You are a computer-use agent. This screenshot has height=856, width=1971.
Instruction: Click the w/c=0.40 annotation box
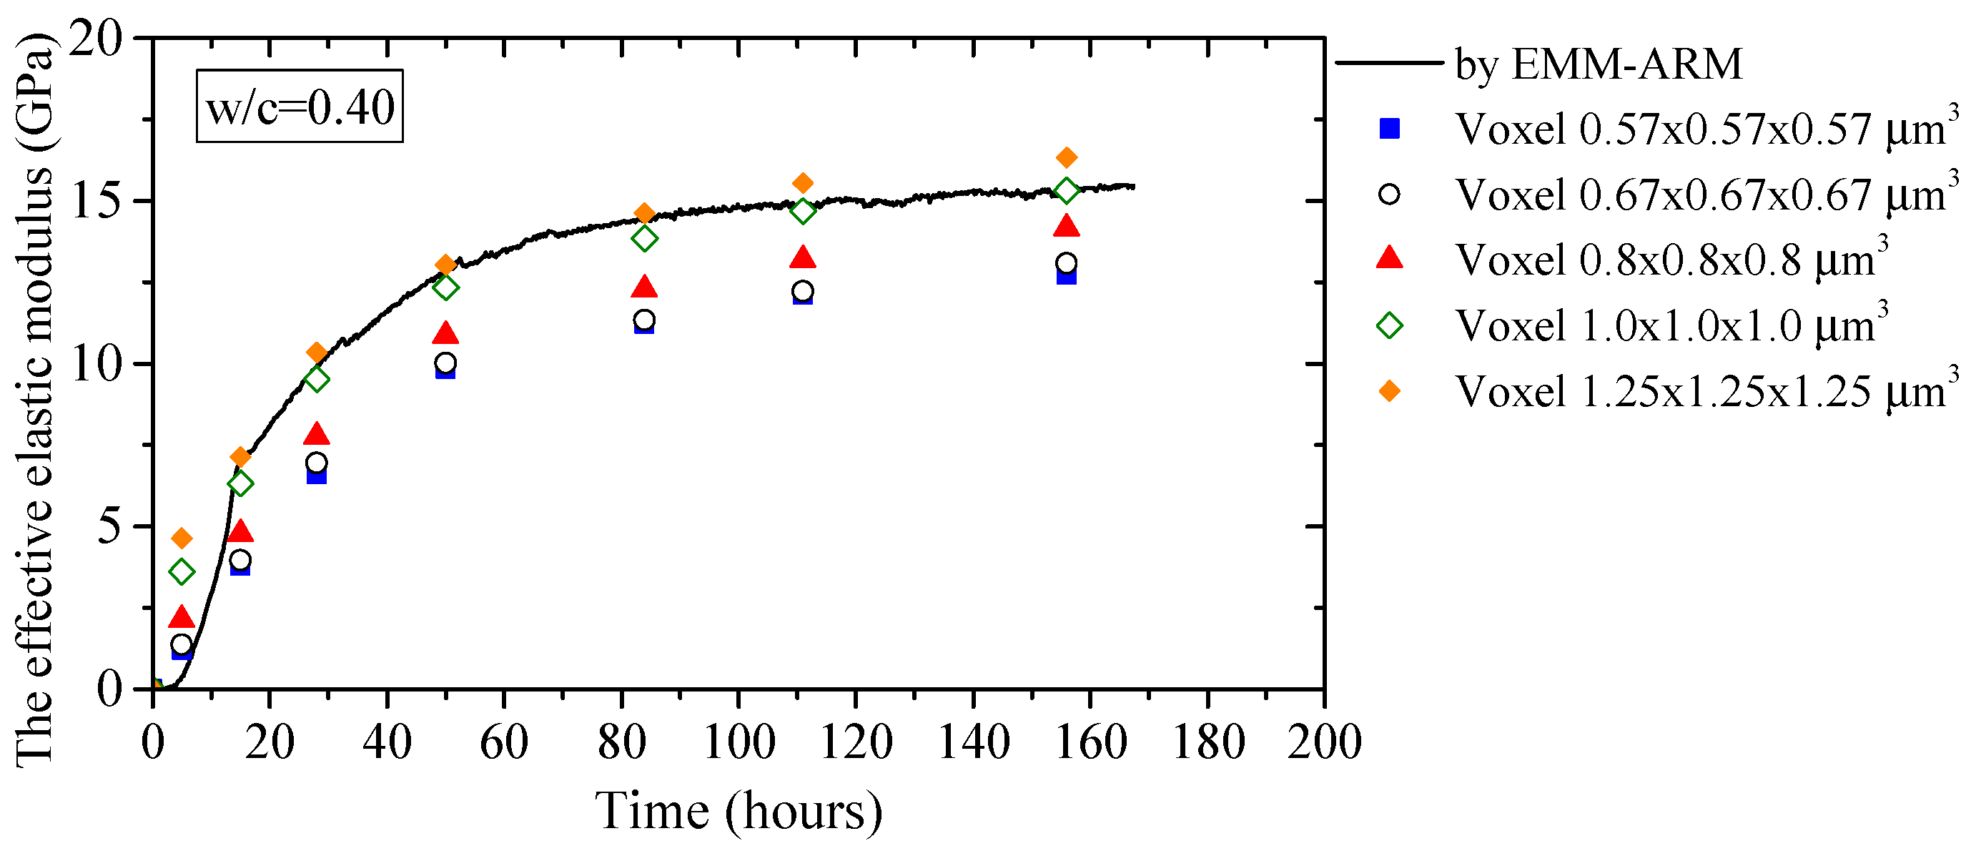(299, 107)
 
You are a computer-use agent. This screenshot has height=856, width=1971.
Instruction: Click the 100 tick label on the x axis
(738, 742)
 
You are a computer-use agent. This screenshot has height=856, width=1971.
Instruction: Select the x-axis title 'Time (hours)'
(738, 812)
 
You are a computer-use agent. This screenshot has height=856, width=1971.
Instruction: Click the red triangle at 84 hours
(644, 287)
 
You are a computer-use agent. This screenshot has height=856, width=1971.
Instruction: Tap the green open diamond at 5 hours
(182, 572)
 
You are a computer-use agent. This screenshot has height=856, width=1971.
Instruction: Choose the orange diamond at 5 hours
(182, 538)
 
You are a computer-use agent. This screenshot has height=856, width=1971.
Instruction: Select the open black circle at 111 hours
(802, 291)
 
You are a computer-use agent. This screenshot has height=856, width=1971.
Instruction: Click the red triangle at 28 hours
(316, 435)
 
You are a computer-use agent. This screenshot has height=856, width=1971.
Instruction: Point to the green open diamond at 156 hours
(1067, 190)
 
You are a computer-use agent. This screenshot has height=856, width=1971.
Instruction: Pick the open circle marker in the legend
(1389, 195)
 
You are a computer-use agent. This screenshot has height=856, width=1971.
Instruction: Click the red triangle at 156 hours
(1067, 227)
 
